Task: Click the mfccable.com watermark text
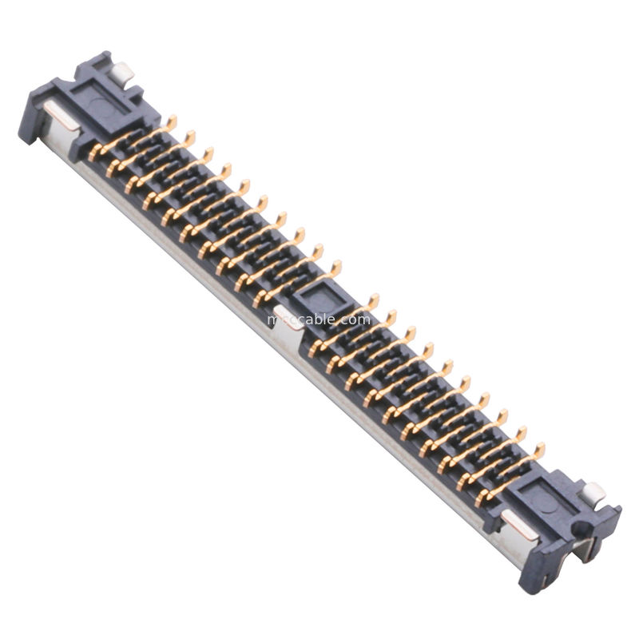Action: pyautogui.click(x=319, y=319)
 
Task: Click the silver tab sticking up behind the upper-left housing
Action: pyautogui.click(x=123, y=74)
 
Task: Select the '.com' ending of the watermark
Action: pyautogui.click(x=356, y=319)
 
